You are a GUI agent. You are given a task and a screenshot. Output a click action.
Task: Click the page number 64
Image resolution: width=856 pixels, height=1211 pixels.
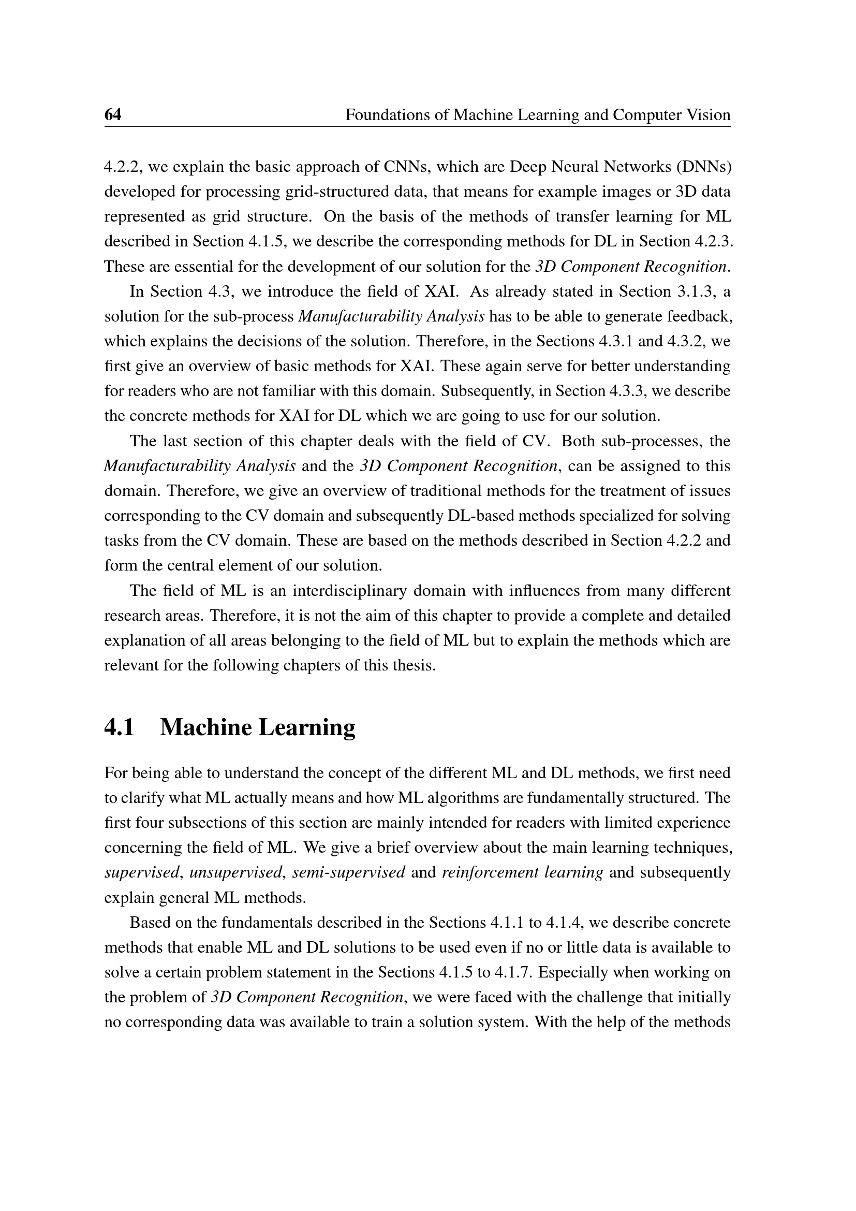[113, 114]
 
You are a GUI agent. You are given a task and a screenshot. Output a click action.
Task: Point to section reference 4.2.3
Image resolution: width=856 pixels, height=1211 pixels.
[713, 241]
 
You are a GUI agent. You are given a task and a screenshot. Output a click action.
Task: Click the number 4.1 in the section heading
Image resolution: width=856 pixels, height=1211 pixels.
[119, 727]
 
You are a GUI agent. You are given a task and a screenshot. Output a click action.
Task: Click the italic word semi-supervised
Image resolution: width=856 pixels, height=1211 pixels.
[348, 872]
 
